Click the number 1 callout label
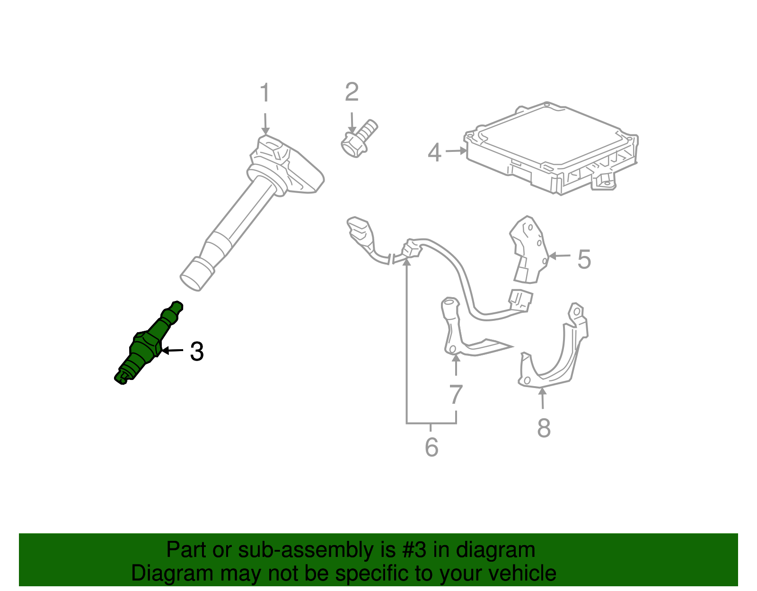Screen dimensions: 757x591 click(265, 92)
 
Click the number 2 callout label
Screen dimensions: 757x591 click(352, 92)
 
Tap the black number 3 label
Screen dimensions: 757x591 click(197, 352)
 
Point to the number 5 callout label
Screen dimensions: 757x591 click(584, 259)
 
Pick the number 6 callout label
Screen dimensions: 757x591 click(431, 447)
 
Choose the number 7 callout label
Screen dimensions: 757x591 click(456, 394)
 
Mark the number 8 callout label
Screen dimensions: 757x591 click(544, 428)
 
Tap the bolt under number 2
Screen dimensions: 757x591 click(359, 139)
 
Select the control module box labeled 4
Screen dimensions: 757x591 click(551, 148)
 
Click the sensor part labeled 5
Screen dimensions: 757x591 click(528, 249)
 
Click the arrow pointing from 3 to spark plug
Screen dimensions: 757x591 click(173, 350)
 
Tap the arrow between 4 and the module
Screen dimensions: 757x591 click(456, 151)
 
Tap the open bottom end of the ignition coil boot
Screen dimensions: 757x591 click(190, 282)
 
